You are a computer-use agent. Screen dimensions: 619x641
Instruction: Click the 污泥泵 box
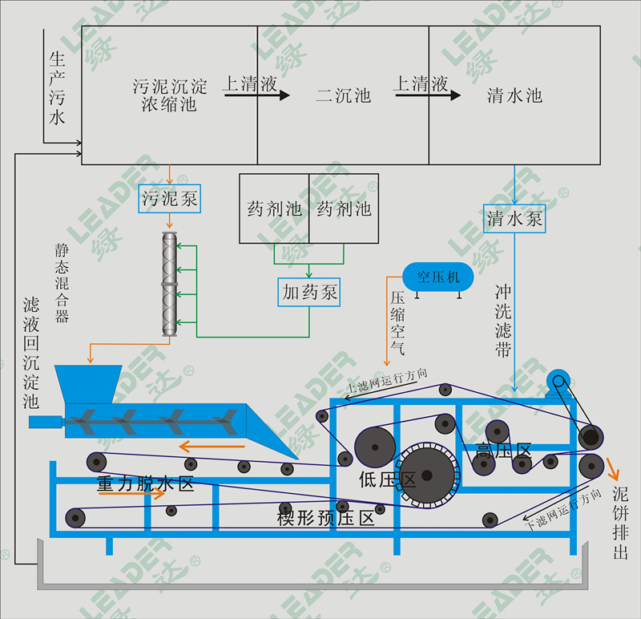169,198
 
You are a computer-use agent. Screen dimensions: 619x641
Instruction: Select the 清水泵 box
515,218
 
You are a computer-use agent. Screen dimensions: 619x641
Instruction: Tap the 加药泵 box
308,293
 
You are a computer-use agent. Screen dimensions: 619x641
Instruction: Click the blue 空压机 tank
437,277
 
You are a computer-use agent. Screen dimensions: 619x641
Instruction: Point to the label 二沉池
343,96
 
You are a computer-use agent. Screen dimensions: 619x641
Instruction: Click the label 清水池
514,96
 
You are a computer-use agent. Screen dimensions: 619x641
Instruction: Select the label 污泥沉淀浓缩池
169,95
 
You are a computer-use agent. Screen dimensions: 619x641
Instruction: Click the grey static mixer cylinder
169,284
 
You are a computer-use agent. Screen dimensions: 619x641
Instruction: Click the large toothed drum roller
426,474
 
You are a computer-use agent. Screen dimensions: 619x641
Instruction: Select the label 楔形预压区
326,517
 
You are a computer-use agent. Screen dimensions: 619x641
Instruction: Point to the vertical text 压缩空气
397,323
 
